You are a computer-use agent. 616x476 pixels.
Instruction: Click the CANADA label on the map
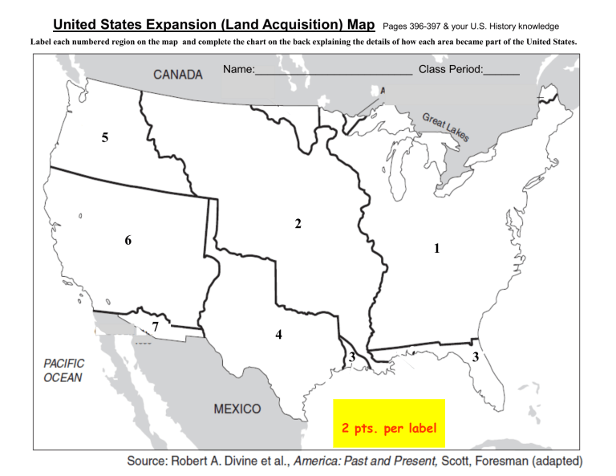(178, 75)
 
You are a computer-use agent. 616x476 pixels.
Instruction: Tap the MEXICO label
(237, 409)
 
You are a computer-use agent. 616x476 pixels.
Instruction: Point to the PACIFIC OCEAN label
(63, 370)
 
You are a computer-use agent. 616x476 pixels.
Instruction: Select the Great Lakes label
(445, 127)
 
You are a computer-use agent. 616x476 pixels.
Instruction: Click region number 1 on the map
(436, 249)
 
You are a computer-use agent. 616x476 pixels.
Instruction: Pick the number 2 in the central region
(298, 224)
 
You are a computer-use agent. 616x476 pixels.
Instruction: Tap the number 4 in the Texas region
(278, 334)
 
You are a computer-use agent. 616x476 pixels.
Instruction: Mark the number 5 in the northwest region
(105, 138)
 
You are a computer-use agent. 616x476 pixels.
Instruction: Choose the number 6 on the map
(128, 240)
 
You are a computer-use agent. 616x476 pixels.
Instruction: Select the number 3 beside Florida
(476, 356)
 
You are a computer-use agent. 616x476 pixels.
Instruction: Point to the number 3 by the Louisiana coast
(351, 356)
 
